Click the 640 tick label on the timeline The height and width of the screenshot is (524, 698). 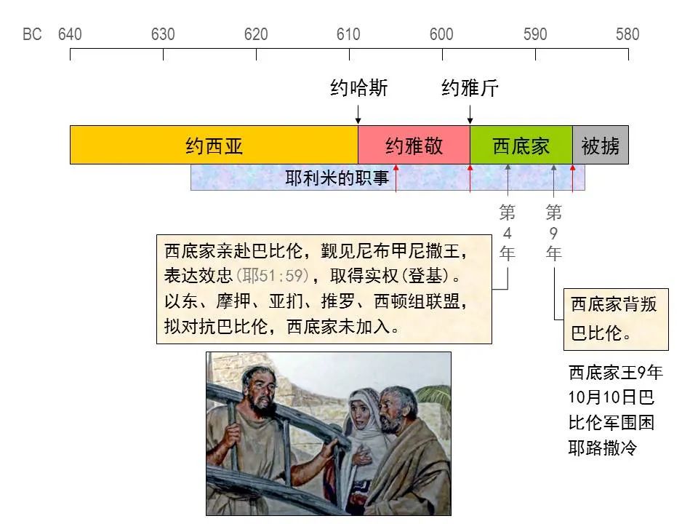[x=70, y=34]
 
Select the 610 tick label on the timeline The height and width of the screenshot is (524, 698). [x=348, y=34]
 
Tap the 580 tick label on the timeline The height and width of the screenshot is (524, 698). [x=627, y=34]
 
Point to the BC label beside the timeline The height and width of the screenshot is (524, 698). [x=32, y=34]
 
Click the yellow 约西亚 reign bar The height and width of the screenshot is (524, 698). [x=214, y=146]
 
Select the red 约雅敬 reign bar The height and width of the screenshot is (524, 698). [x=414, y=146]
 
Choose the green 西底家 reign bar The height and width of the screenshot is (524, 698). [x=521, y=146]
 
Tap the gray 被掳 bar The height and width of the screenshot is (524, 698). [x=601, y=146]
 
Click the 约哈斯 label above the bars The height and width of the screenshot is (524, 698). [x=359, y=89]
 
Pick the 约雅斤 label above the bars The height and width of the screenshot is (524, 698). [x=470, y=89]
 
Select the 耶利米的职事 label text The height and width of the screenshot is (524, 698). [x=337, y=178]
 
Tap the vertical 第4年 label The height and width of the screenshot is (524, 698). [x=508, y=233]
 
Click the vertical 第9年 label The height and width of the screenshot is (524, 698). [x=554, y=233]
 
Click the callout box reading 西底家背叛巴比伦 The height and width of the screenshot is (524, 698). [x=616, y=319]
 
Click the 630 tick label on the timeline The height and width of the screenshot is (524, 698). [x=163, y=34]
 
